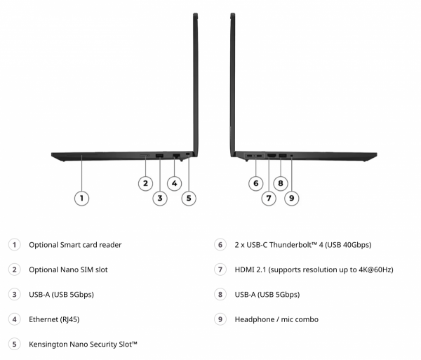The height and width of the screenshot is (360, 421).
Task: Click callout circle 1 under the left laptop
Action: coord(81,199)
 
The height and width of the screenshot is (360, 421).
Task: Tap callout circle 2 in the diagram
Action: coord(145,184)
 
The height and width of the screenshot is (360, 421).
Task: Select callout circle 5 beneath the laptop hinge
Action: coord(189,199)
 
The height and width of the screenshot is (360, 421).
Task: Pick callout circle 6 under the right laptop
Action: coord(255,184)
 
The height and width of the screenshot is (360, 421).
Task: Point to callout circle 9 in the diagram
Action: coord(292,199)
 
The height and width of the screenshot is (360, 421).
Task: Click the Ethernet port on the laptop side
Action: coord(176,155)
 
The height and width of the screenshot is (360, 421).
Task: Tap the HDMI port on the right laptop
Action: coord(272,155)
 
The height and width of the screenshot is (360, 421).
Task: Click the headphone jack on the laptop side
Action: coord(292,155)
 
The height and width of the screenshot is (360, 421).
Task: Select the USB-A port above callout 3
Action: coord(159,155)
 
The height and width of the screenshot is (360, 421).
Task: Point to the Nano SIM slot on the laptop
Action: coord(145,155)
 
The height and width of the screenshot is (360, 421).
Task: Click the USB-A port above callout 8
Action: coord(283,155)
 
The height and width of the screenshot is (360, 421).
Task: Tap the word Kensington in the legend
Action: coord(48,345)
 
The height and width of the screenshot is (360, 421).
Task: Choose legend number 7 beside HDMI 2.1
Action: coord(220,269)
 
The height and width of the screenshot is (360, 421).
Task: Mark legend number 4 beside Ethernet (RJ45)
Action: coord(15,319)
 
